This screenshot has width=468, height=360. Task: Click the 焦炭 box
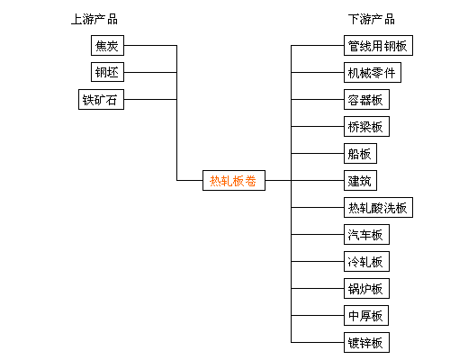coord(107,46)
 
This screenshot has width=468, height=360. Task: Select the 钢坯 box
coord(107,72)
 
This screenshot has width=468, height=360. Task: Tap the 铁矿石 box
coord(101,99)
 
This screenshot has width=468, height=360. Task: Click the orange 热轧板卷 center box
coord(234,180)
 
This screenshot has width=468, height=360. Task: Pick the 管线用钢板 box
coord(378,46)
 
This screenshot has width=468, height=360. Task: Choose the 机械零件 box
coord(373,72)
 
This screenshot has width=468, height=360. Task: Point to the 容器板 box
coord(366,99)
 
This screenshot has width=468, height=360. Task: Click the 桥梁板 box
coord(366,126)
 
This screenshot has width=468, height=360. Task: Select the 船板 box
coord(360,153)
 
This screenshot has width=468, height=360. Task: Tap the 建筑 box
coord(360,180)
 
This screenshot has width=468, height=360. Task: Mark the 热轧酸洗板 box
coord(378,207)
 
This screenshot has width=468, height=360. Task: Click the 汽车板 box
coord(366,234)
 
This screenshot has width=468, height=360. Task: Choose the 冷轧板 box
coord(366,261)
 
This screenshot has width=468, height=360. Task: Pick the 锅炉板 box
coord(366,288)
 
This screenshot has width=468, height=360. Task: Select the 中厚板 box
coord(366,315)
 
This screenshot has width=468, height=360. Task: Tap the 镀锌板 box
coord(366,342)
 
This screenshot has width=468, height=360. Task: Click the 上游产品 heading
coord(94,19)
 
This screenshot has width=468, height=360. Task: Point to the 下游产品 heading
coord(372,19)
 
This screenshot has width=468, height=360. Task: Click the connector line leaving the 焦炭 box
coord(150,46)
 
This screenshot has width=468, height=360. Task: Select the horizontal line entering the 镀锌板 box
coord(318,342)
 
